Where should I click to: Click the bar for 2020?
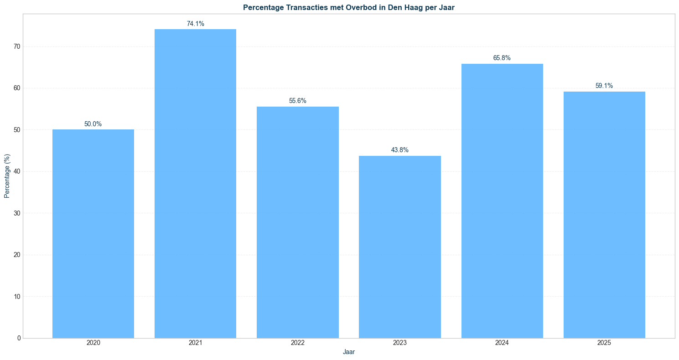[x=93, y=233]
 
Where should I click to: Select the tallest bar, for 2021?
[x=195, y=183]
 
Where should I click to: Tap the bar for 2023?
[x=400, y=247]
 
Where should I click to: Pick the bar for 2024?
[x=502, y=201]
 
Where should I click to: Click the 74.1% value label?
[x=195, y=24]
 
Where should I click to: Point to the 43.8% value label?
[x=400, y=150]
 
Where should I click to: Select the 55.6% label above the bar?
[x=298, y=101]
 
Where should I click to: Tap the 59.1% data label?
[x=604, y=86]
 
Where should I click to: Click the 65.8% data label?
[x=502, y=58]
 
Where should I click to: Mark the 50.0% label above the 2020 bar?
[x=93, y=124]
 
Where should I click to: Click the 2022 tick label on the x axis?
[x=298, y=343]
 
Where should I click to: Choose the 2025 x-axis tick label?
[x=604, y=343]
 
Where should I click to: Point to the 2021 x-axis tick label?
[x=195, y=343]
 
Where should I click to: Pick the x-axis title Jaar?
[x=349, y=352]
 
